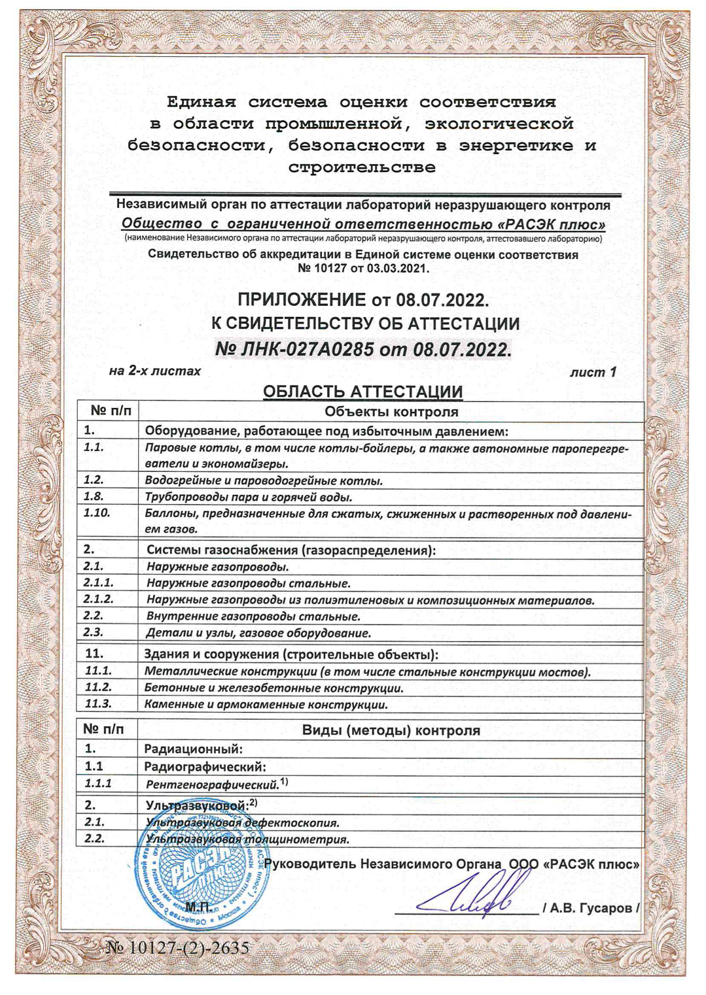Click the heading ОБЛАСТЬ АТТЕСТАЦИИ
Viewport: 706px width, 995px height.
(x=362, y=392)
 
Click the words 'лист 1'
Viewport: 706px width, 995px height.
(x=593, y=372)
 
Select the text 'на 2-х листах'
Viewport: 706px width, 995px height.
(x=155, y=371)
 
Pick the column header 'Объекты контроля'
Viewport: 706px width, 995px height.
(x=391, y=411)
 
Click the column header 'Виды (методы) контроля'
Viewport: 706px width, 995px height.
(x=391, y=730)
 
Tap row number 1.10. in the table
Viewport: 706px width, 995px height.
(x=97, y=513)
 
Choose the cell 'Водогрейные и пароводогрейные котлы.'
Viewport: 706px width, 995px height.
(x=263, y=481)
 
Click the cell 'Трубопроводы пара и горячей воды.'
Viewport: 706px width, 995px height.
(x=249, y=497)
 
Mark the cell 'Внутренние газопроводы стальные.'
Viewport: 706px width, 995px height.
(x=253, y=616)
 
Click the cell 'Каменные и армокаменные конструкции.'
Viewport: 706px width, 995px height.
(x=266, y=705)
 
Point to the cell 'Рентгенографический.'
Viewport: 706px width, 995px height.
(x=212, y=784)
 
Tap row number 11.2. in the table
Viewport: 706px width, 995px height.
(x=99, y=688)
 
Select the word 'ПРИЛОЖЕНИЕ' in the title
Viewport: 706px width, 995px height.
(x=302, y=300)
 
